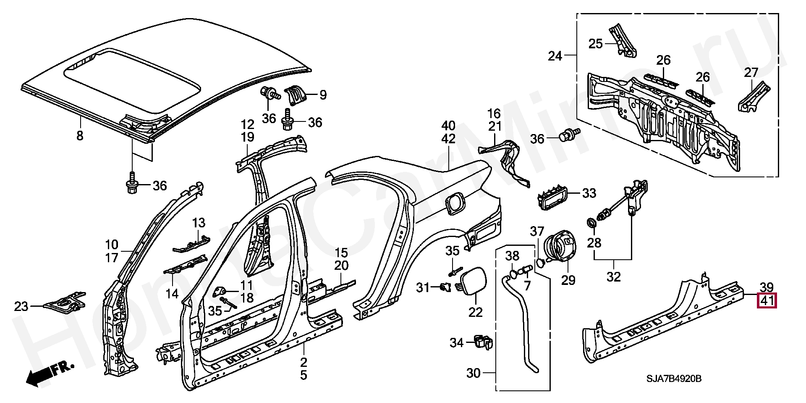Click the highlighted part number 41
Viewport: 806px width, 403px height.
(x=767, y=301)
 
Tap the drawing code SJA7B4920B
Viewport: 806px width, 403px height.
(x=674, y=379)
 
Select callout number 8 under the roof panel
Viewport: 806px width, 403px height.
(x=80, y=135)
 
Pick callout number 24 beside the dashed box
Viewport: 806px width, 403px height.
(x=555, y=56)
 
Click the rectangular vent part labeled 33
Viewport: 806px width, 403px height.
(x=552, y=195)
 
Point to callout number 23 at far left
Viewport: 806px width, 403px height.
(x=21, y=306)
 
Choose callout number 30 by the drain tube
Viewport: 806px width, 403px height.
(x=473, y=373)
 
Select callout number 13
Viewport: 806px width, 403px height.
(x=199, y=223)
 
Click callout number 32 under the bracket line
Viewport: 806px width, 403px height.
(x=613, y=277)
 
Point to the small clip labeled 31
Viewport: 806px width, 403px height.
(x=446, y=287)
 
